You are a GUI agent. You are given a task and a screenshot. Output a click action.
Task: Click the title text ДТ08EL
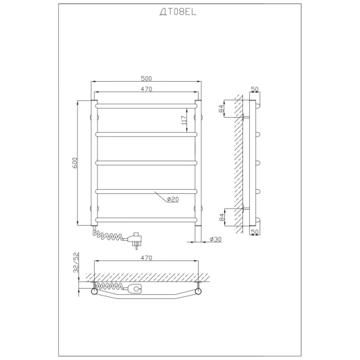[x=178, y=12]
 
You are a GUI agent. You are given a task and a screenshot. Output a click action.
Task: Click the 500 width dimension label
[x=146, y=79]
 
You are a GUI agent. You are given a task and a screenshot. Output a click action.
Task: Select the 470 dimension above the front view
[x=146, y=89]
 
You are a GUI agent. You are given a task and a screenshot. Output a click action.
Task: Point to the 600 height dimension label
[x=75, y=163]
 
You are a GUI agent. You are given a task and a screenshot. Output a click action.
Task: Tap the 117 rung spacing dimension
[x=184, y=120]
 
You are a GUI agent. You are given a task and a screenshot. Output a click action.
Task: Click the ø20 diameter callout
[x=173, y=199]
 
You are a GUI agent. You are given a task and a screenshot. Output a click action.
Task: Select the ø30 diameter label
[x=216, y=240]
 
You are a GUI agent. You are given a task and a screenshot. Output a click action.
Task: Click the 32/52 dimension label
[x=76, y=262]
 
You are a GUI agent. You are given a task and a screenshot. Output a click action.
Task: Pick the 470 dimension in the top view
[x=146, y=258]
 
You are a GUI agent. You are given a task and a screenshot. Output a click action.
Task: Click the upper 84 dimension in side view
[x=221, y=109]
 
